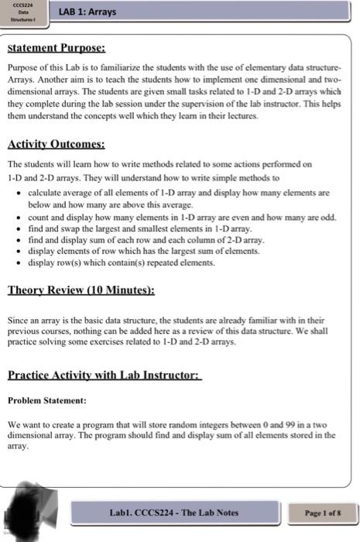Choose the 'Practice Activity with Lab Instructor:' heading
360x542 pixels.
(104, 375)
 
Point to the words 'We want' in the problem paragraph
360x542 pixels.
(21, 425)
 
